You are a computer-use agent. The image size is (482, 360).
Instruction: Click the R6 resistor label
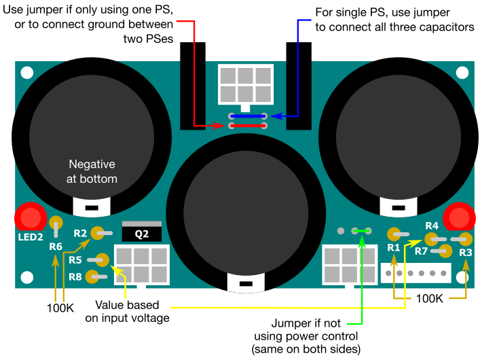(x=56, y=246)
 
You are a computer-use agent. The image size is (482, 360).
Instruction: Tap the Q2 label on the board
(x=142, y=234)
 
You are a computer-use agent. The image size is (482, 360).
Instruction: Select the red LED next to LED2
(x=30, y=218)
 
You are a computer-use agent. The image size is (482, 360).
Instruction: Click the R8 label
(x=75, y=276)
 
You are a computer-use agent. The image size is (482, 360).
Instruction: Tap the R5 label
(x=75, y=260)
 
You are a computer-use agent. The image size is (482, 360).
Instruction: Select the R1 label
(x=394, y=249)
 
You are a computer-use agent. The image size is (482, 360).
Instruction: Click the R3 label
(x=465, y=252)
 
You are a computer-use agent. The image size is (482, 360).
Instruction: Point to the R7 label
(x=421, y=251)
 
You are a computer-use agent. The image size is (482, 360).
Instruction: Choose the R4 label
(x=431, y=226)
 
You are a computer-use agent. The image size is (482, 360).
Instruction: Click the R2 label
(x=80, y=233)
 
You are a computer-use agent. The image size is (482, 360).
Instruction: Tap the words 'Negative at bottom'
(x=93, y=172)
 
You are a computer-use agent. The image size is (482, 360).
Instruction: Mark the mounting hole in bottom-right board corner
(x=462, y=276)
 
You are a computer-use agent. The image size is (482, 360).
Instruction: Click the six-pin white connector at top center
(x=246, y=84)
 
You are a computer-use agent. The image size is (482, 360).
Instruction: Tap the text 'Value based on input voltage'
(x=132, y=310)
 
